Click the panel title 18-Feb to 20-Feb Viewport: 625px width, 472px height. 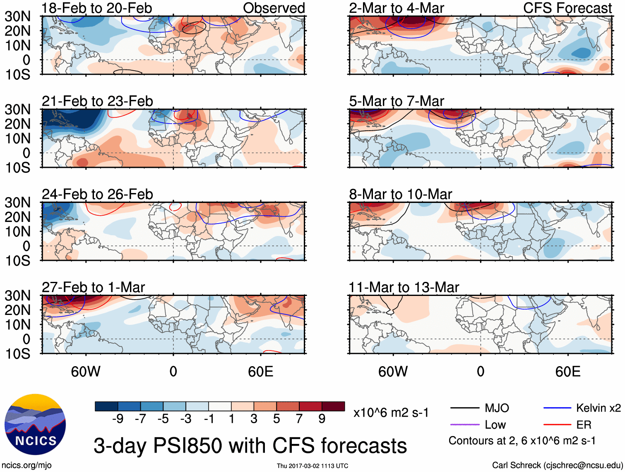[97, 8]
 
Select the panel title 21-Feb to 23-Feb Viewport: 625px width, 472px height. [97, 101]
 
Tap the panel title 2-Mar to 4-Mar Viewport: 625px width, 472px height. [397, 8]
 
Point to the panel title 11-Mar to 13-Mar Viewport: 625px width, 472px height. [404, 287]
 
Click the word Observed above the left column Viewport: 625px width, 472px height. [274, 8]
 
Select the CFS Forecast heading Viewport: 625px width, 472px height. [567, 8]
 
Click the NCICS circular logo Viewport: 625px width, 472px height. [35, 424]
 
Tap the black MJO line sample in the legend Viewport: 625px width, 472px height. [465, 408]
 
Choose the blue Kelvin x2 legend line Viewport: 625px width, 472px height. [557, 408]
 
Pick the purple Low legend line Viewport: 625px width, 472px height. [465, 424]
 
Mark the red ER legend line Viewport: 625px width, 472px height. [557, 424]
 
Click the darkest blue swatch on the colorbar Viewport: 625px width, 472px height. [106, 406]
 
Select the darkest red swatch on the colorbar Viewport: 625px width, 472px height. [333, 406]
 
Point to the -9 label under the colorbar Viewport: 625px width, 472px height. [118, 419]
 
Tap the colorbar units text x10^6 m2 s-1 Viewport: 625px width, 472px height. [391, 412]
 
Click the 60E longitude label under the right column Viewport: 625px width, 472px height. [568, 372]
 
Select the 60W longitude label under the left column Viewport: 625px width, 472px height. [86, 372]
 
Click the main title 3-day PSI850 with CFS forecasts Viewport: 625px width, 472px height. [250, 446]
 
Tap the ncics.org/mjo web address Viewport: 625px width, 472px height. [26, 465]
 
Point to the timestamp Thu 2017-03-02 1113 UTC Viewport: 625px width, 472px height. [312, 466]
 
